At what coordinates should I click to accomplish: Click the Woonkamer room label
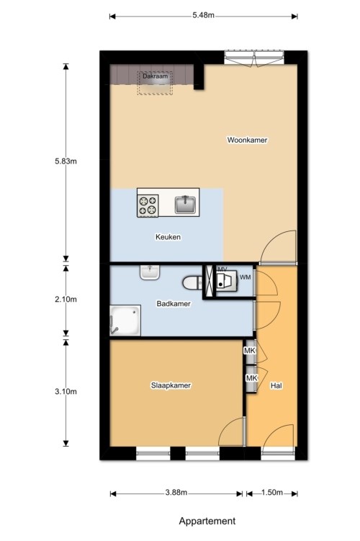coord(247,140)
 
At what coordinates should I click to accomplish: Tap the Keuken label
coord(168,237)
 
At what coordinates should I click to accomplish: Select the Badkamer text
coord(174,303)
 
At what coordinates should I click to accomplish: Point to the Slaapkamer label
coord(171,385)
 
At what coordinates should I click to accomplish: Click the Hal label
coord(276,385)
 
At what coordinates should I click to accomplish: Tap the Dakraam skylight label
coord(156,76)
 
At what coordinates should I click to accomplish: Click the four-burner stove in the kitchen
coord(148,205)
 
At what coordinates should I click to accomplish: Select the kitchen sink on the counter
coord(186,205)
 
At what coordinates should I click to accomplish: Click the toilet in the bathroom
coord(192,283)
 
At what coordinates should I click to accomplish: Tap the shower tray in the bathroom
coord(125,320)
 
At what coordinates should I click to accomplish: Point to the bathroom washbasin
coord(150,272)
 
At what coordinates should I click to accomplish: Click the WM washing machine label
coord(246,277)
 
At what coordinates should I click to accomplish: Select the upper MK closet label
coord(250,351)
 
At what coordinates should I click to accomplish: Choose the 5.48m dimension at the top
coord(204,15)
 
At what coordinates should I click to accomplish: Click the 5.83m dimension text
coord(66,161)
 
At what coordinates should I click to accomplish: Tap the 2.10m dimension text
coord(66,299)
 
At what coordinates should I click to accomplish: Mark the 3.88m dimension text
coord(176,492)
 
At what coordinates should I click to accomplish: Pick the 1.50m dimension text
coord(272,492)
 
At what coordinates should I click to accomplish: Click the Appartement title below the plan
coord(207,521)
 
